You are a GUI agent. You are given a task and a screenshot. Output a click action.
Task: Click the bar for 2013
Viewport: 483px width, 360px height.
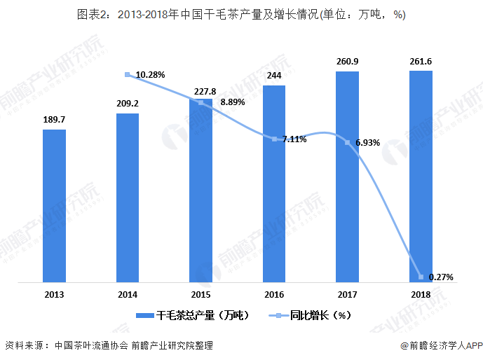pos(54,206)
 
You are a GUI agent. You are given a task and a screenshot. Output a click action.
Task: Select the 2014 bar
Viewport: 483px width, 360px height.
pos(128,198)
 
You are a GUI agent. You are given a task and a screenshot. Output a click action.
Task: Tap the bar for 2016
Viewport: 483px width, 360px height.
pos(274,184)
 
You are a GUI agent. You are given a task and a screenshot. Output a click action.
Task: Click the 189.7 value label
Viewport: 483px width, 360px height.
pos(54,120)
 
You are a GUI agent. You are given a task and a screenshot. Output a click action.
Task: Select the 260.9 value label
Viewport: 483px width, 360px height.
pos(347,62)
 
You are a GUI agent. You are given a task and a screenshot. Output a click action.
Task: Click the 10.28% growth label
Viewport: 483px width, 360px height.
pos(150,74)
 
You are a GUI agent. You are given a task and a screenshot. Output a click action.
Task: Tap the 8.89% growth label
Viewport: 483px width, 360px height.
pos(233,102)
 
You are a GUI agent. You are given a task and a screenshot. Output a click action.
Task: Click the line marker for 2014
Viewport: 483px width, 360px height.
pos(127,74)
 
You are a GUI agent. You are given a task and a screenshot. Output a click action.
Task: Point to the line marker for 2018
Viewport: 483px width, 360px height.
pos(421,277)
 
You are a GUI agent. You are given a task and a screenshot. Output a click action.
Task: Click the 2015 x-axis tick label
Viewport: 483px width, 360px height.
pos(201,295)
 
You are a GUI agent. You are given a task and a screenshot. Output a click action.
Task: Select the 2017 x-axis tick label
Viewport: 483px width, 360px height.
pos(347,295)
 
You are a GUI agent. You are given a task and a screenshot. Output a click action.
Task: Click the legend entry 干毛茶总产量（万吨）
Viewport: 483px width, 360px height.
pos(193,316)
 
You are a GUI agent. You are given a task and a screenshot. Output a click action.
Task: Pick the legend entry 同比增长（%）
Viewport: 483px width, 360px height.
pos(311,316)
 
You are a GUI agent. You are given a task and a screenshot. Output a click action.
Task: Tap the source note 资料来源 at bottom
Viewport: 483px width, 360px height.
pos(109,345)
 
